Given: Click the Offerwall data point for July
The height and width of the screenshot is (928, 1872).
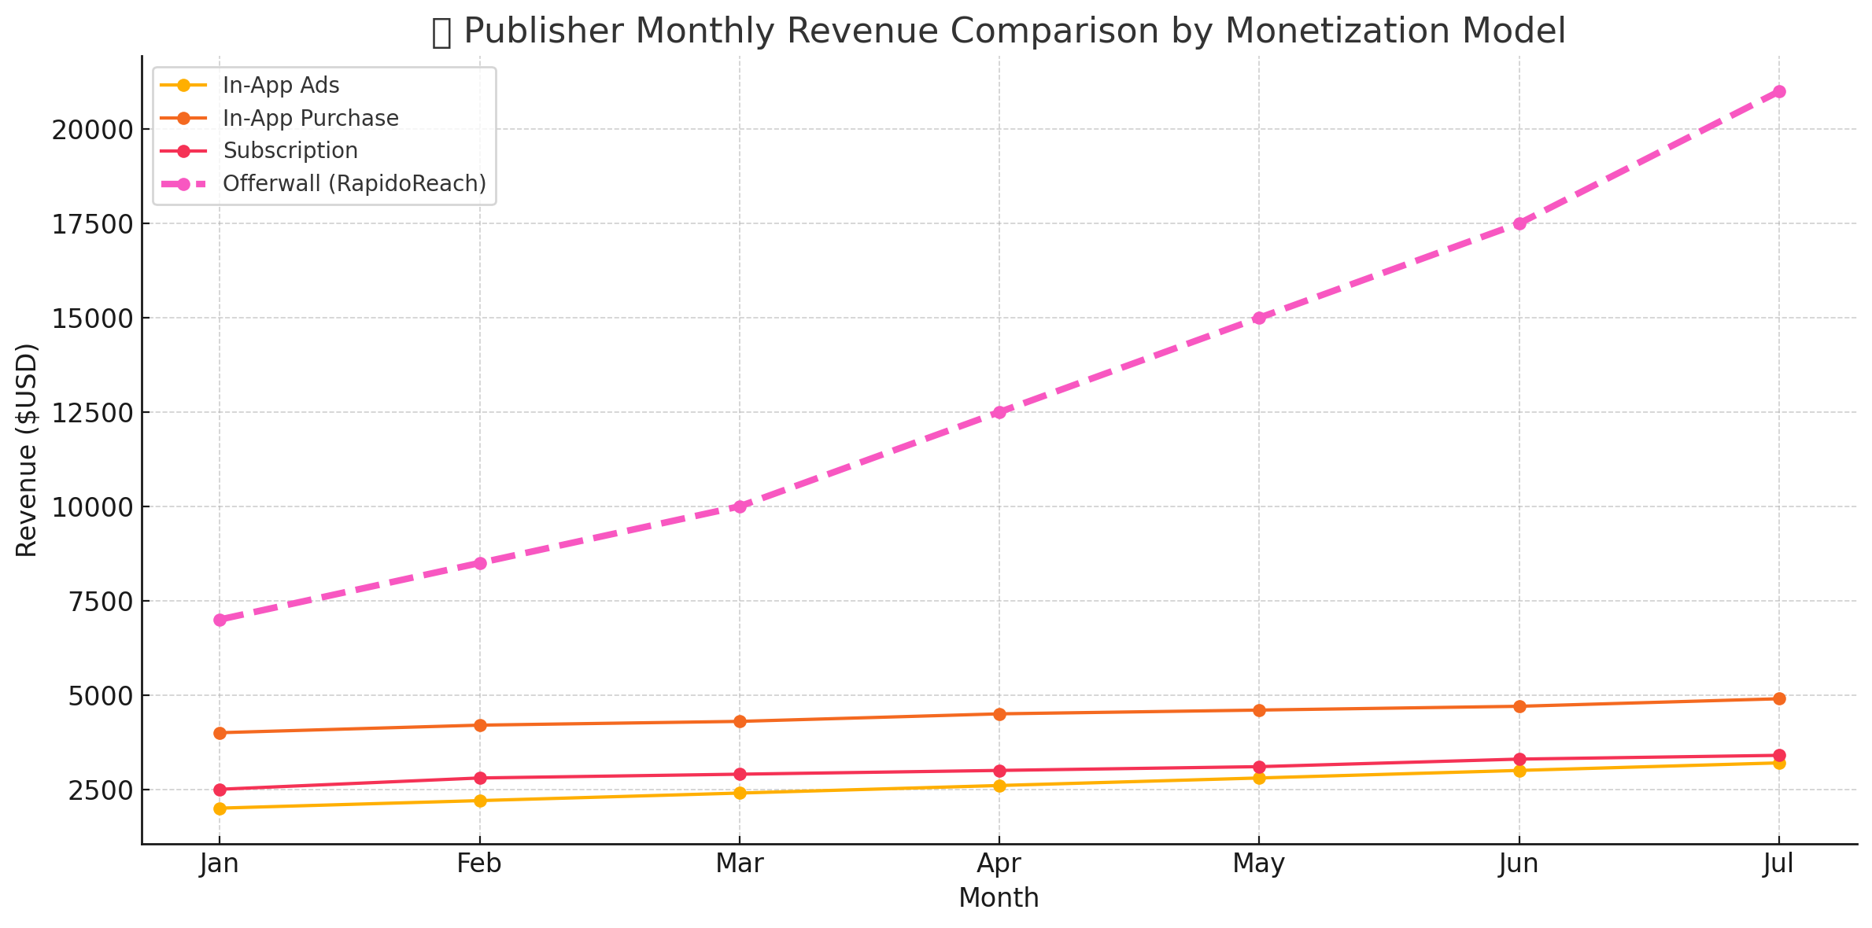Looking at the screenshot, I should click(x=1778, y=91).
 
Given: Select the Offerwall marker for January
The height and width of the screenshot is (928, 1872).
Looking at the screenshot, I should click(x=220, y=620).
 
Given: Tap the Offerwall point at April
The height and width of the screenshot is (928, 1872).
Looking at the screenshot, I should click(x=999, y=412).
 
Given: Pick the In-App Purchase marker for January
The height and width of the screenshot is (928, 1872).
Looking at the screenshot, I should click(x=220, y=733).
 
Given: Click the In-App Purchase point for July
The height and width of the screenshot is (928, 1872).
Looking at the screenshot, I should click(x=1778, y=698).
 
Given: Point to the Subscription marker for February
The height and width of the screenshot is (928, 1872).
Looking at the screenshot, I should click(x=479, y=778).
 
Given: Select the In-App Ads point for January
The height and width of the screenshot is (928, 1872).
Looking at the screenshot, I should click(x=220, y=808).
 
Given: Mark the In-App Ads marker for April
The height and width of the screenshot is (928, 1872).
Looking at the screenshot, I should click(x=999, y=786).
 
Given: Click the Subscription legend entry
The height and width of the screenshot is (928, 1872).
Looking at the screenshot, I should click(x=290, y=150).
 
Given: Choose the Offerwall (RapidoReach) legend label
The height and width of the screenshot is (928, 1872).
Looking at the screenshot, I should click(x=354, y=183).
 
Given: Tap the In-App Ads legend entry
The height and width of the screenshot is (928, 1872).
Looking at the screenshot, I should click(x=281, y=85).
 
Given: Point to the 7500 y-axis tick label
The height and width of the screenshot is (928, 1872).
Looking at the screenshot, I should click(x=99, y=602).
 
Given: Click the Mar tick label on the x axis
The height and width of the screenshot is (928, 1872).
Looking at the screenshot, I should click(x=739, y=864).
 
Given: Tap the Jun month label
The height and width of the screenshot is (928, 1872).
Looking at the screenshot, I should click(x=1519, y=864).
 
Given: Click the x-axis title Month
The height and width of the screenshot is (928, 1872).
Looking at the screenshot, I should click(x=999, y=898).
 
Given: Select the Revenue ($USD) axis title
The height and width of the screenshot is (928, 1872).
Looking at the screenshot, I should click(x=28, y=450).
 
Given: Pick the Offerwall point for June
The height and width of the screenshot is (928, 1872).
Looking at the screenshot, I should click(x=1519, y=223).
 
